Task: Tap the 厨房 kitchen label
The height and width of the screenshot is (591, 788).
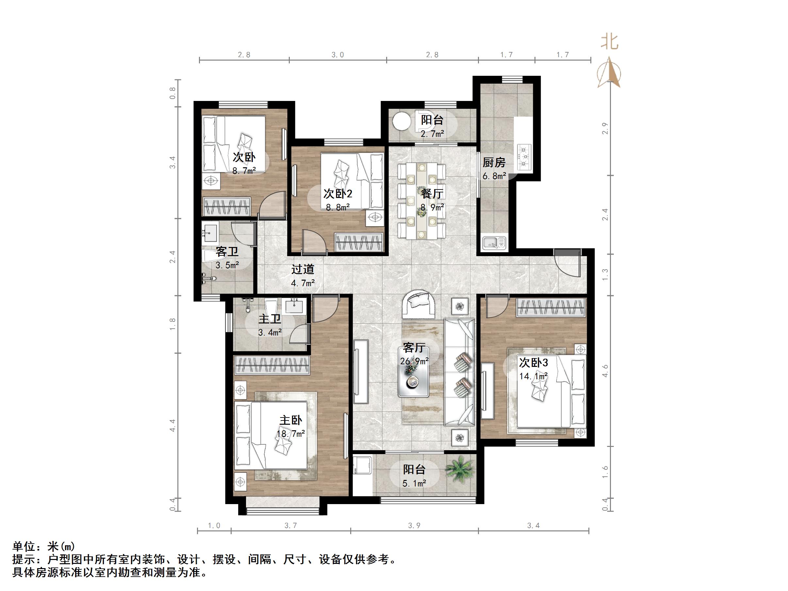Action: click(x=494, y=163)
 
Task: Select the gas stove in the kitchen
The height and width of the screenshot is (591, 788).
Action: click(x=524, y=156)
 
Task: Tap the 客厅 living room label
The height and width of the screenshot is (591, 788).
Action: click(x=414, y=348)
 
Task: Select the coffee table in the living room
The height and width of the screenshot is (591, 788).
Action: click(x=413, y=377)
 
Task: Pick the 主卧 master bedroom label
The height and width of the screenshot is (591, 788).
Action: click(x=291, y=420)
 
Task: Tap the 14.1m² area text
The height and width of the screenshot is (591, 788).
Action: click(x=533, y=376)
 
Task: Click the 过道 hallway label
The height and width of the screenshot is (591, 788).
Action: click(x=303, y=269)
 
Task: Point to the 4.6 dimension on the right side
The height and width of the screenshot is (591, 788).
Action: click(x=605, y=371)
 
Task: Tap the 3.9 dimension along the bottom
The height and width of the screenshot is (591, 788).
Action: click(x=414, y=525)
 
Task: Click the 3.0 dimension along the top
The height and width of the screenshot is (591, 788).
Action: click(x=338, y=55)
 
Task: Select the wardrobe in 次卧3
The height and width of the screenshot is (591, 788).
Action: click(x=551, y=307)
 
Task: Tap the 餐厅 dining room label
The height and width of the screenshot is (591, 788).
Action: click(x=432, y=194)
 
